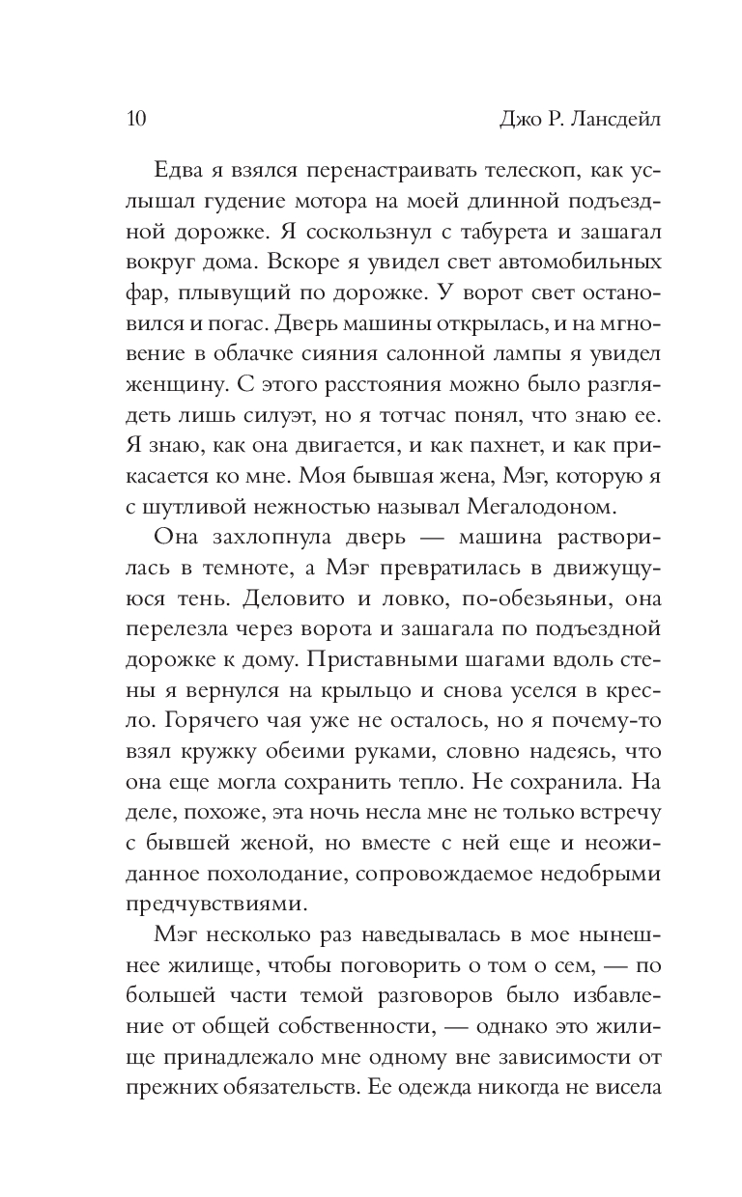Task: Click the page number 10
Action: pyautogui.click(x=136, y=119)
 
